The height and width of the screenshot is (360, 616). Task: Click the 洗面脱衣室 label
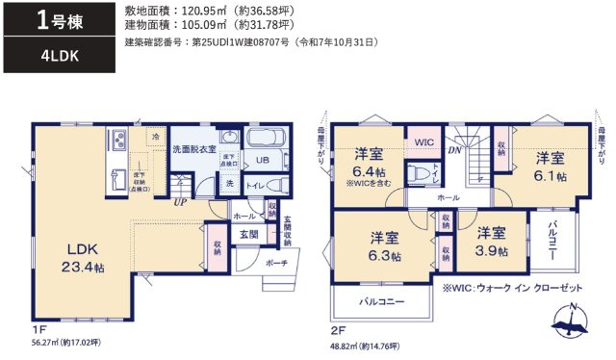(194, 150)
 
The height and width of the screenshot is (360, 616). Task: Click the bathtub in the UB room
(267, 140)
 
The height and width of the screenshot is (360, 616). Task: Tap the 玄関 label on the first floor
(247, 234)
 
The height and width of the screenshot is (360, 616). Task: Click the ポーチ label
(277, 262)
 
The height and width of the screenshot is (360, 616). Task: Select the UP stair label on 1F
(179, 202)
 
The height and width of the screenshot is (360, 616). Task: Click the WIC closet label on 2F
(424, 141)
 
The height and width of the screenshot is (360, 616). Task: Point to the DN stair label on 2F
(455, 150)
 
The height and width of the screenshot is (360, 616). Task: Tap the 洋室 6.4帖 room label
(368, 163)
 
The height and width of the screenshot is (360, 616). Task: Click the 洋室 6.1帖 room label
(551, 167)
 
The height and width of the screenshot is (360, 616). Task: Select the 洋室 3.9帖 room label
(491, 241)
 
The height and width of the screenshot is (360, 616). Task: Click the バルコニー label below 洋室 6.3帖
(382, 301)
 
